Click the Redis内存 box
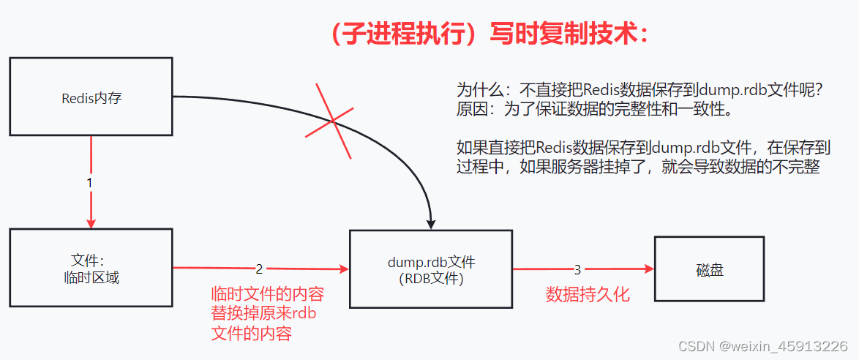tap(91, 97)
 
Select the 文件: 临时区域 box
tap(91, 269)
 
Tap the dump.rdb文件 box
tap(431, 269)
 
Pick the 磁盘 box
tap(709, 269)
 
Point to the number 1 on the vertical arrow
tap(89, 183)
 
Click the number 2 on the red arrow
tap(259, 269)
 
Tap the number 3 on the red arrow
tap(577, 269)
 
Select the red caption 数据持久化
tap(588, 295)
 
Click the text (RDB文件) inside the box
tap(431, 279)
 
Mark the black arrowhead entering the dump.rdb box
tap(431, 222)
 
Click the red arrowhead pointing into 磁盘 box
tap(648, 269)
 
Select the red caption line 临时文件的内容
tap(267, 295)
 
